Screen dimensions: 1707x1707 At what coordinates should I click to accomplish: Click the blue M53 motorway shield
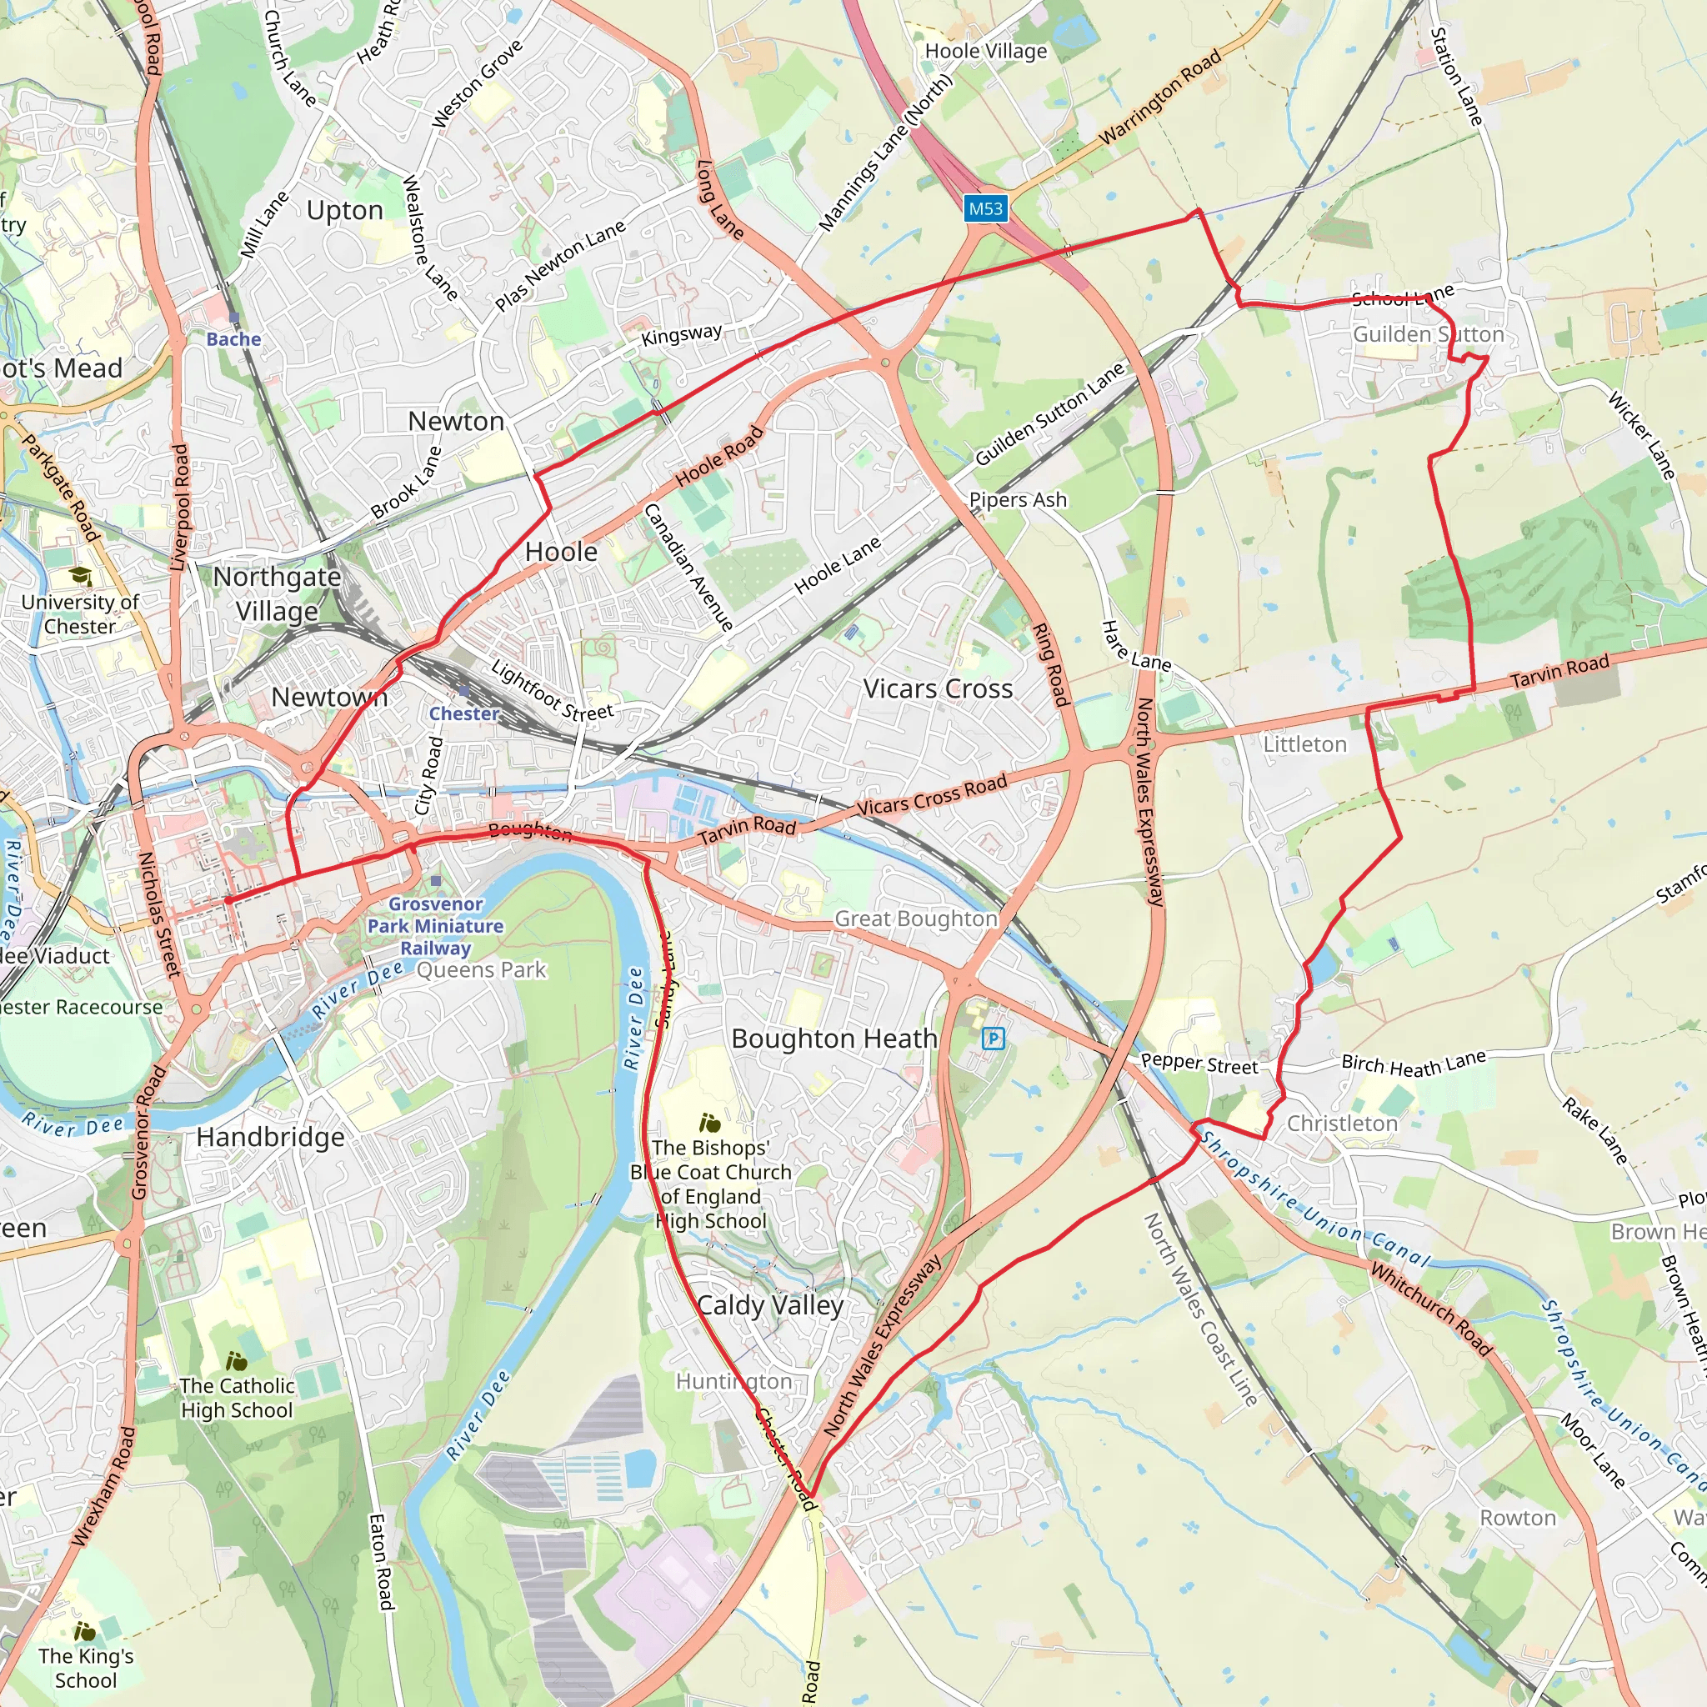click(985, 208)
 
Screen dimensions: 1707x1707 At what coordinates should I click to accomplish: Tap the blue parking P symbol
click(993, 1039)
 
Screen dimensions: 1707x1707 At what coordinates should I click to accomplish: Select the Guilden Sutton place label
click(1428, 334)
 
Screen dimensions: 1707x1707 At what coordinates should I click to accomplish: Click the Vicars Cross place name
click(938, 688)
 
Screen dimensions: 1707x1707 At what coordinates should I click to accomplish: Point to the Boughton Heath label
click(833, 1039)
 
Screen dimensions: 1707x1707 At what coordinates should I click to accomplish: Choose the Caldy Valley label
click(769, 1305)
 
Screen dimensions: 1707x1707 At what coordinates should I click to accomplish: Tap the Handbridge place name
click(270, 1136)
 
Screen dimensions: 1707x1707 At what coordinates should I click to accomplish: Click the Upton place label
click(344, 210)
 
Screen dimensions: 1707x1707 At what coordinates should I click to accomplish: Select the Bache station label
click(233, 339)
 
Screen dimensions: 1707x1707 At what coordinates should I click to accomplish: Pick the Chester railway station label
click(464, 713)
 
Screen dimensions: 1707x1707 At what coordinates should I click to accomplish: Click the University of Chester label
click(79, 614)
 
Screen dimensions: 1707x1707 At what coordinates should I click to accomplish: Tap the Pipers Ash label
click(1018, 500)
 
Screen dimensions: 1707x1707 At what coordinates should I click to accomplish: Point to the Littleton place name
click(1304, 744)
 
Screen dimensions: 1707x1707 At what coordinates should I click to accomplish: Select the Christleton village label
click(1341, 1123)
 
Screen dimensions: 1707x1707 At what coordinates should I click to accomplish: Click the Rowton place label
click(1517, 1517)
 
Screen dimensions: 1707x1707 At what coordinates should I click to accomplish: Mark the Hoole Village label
click(985, 51)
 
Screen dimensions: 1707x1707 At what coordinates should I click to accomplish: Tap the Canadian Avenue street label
click(688, 568)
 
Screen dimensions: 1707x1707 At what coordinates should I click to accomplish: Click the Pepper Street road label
click(1198, 1064)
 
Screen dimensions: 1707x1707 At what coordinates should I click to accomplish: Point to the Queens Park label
click(482, 970)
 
